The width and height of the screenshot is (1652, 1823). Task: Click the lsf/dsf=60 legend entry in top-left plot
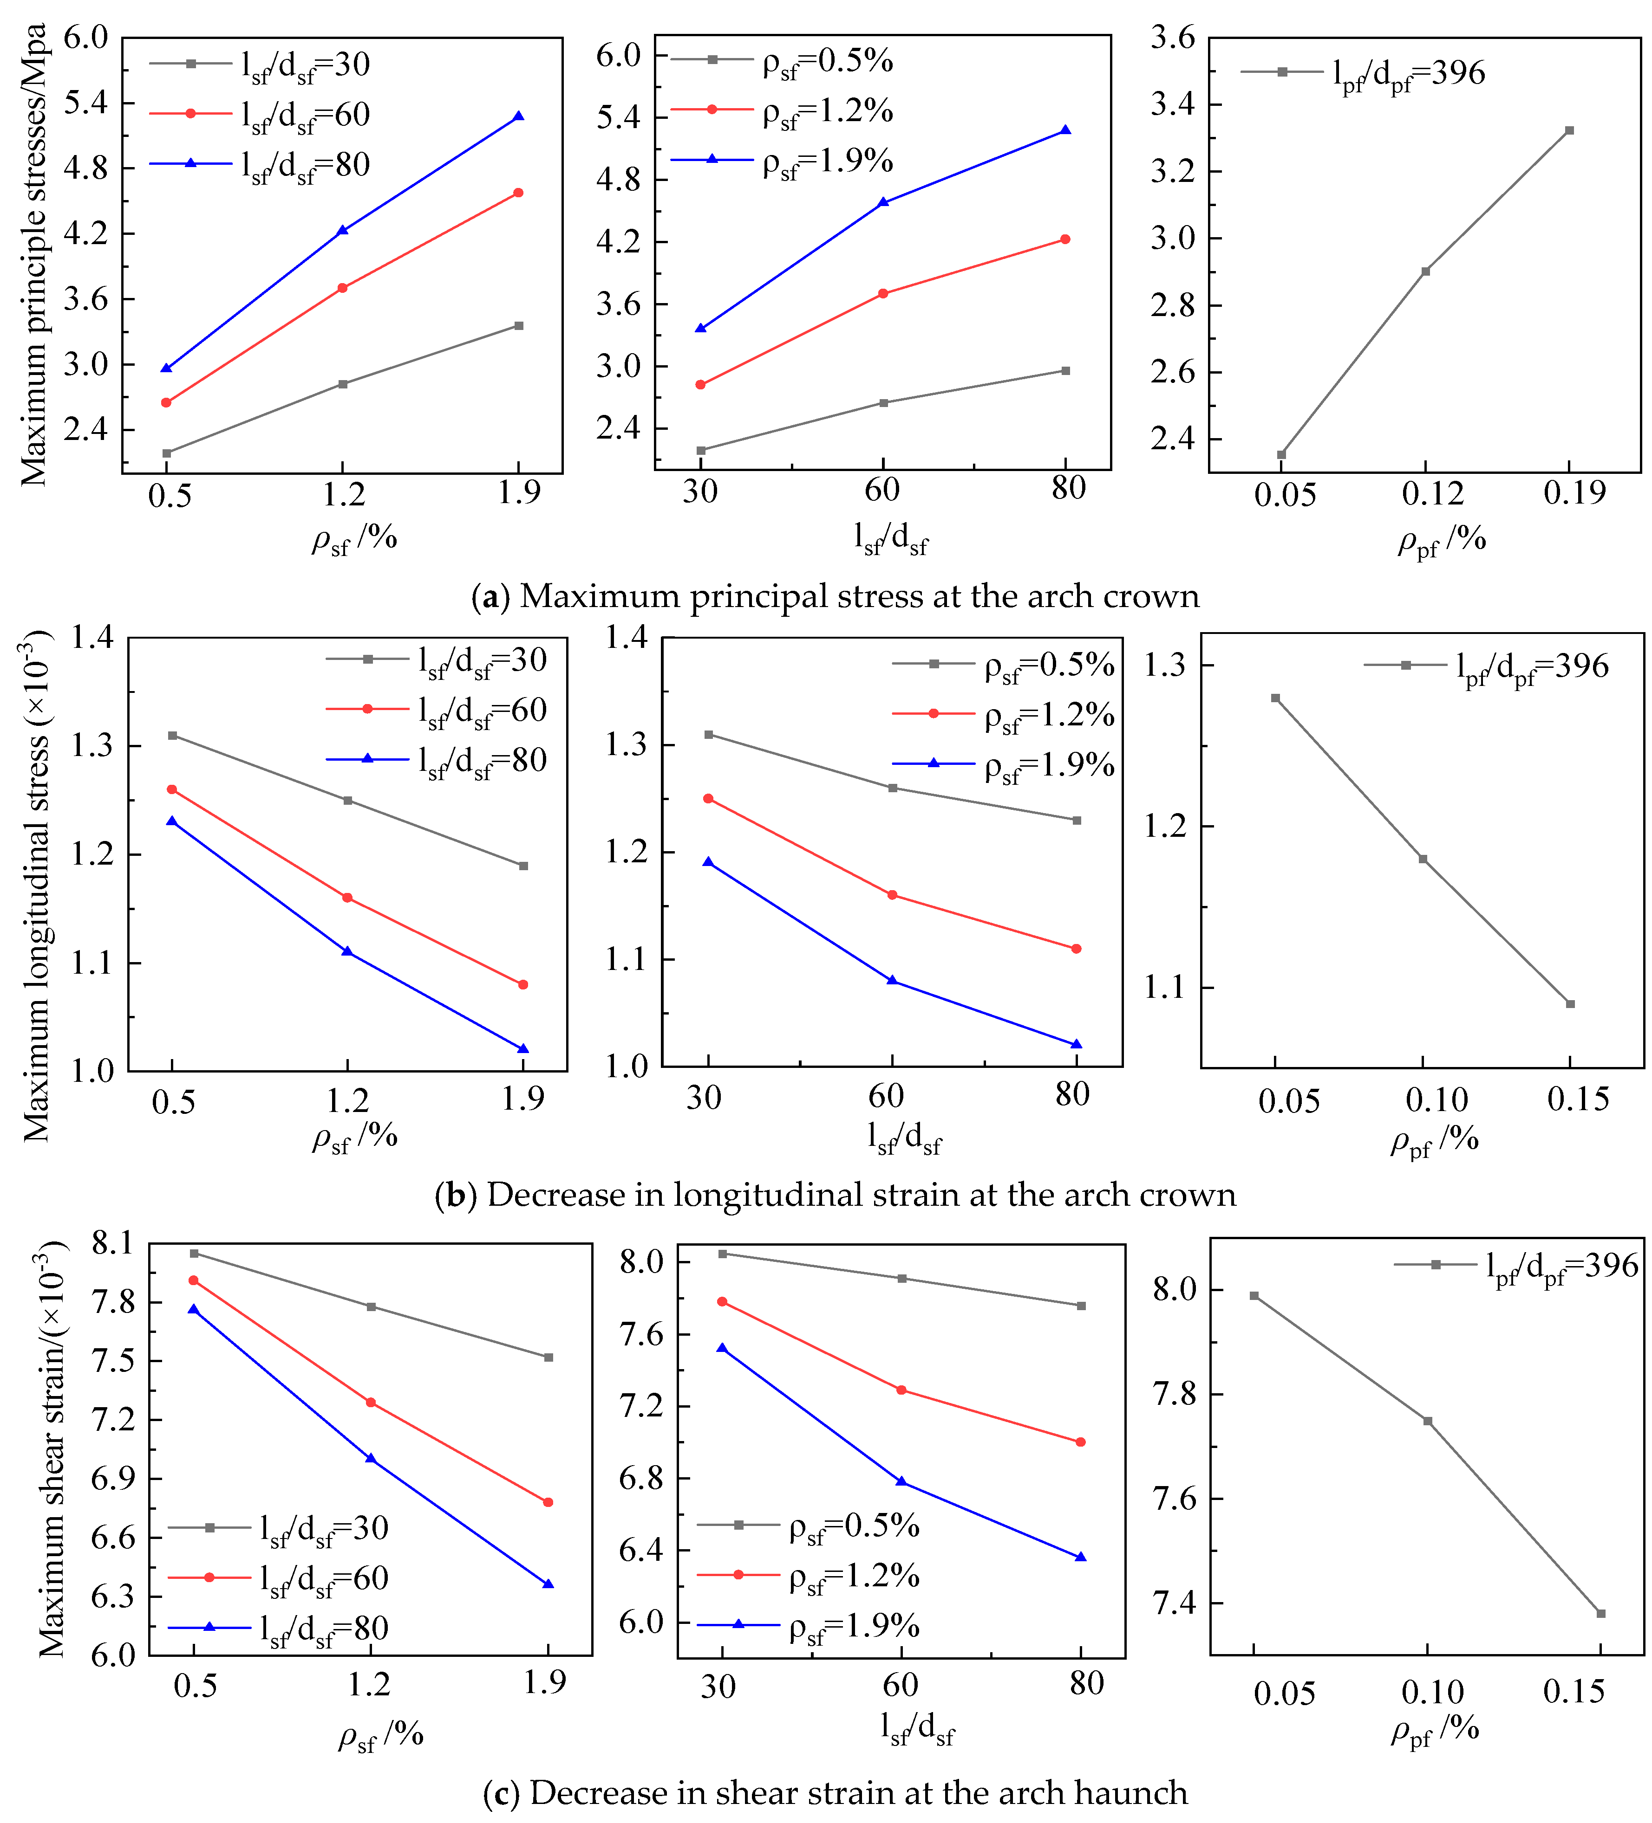(x=261, y=115)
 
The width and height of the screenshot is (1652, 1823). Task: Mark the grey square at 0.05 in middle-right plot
(x=1276, y=698)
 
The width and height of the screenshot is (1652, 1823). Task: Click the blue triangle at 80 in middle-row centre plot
(x=1076, y=1044)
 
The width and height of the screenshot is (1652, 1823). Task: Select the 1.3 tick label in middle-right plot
(x=1164, y=666)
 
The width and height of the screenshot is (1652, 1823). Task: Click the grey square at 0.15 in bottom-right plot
(x=1601, y=1613)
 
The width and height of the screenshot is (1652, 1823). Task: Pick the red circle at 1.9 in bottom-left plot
(x=548, y=1502)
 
